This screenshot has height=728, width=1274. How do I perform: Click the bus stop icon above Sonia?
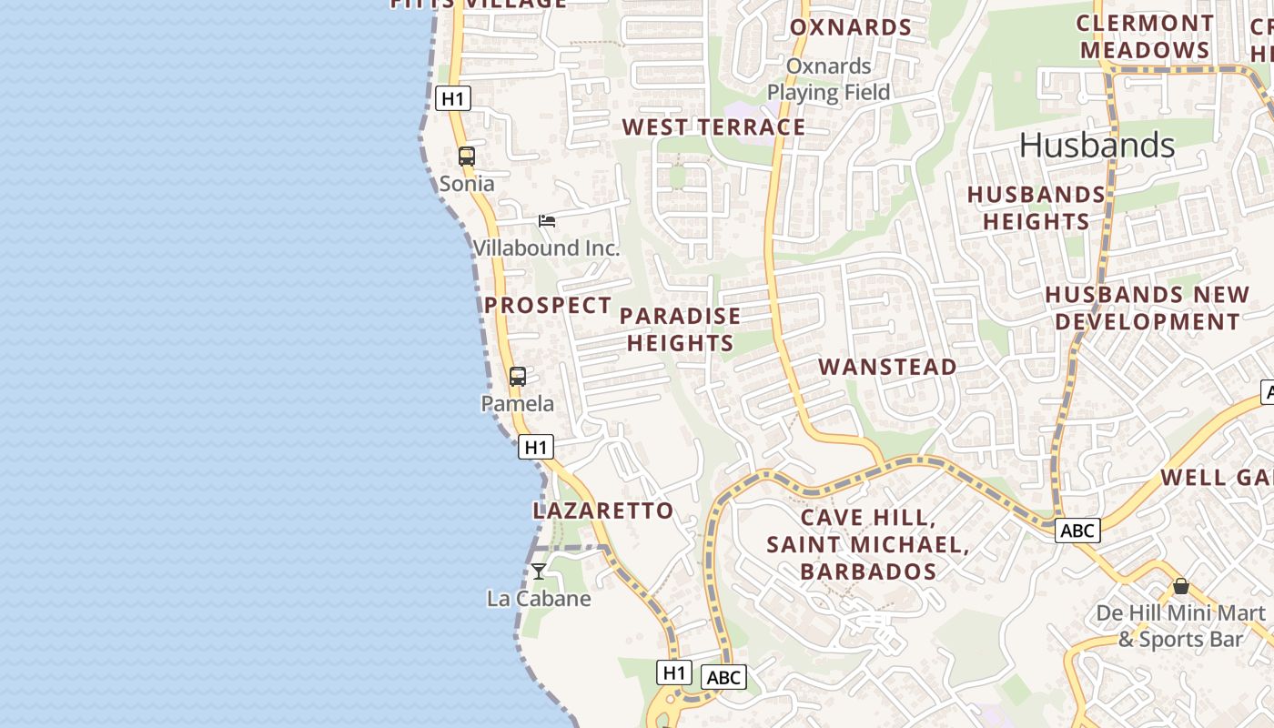tap(467, 156)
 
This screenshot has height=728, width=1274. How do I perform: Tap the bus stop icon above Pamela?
tap(518, 376)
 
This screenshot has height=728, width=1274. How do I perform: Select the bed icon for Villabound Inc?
tap(547, 220)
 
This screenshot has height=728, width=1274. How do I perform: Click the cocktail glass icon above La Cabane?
tap(539, 571)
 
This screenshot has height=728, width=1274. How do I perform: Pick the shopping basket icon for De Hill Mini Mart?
tap(1181, 586)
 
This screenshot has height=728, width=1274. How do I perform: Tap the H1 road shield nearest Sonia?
tap(453, 98)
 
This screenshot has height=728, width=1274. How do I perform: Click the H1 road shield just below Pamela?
tap(536, 447)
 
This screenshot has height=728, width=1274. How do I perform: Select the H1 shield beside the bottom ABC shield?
tap(673, 672)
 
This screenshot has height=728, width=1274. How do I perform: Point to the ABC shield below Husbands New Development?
tap(1077, 530)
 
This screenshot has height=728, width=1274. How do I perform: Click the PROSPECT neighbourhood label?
tap(548, 305)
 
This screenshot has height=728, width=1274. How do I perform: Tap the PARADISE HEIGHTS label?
tap(681, 329)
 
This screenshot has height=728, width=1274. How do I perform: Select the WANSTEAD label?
tap(887, 367)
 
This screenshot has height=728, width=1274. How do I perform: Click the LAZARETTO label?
tap(603, 511)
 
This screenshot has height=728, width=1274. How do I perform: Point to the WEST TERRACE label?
tap(713, 126)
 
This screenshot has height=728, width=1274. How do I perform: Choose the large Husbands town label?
tap(1097, 145)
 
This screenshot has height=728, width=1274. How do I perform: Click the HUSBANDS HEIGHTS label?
tap(1036, 207)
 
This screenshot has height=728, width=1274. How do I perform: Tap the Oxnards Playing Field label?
tap(828, 79)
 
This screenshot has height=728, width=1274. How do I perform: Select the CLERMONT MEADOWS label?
tap(1145, 36)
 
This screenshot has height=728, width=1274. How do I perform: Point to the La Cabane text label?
tap(539, 599)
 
